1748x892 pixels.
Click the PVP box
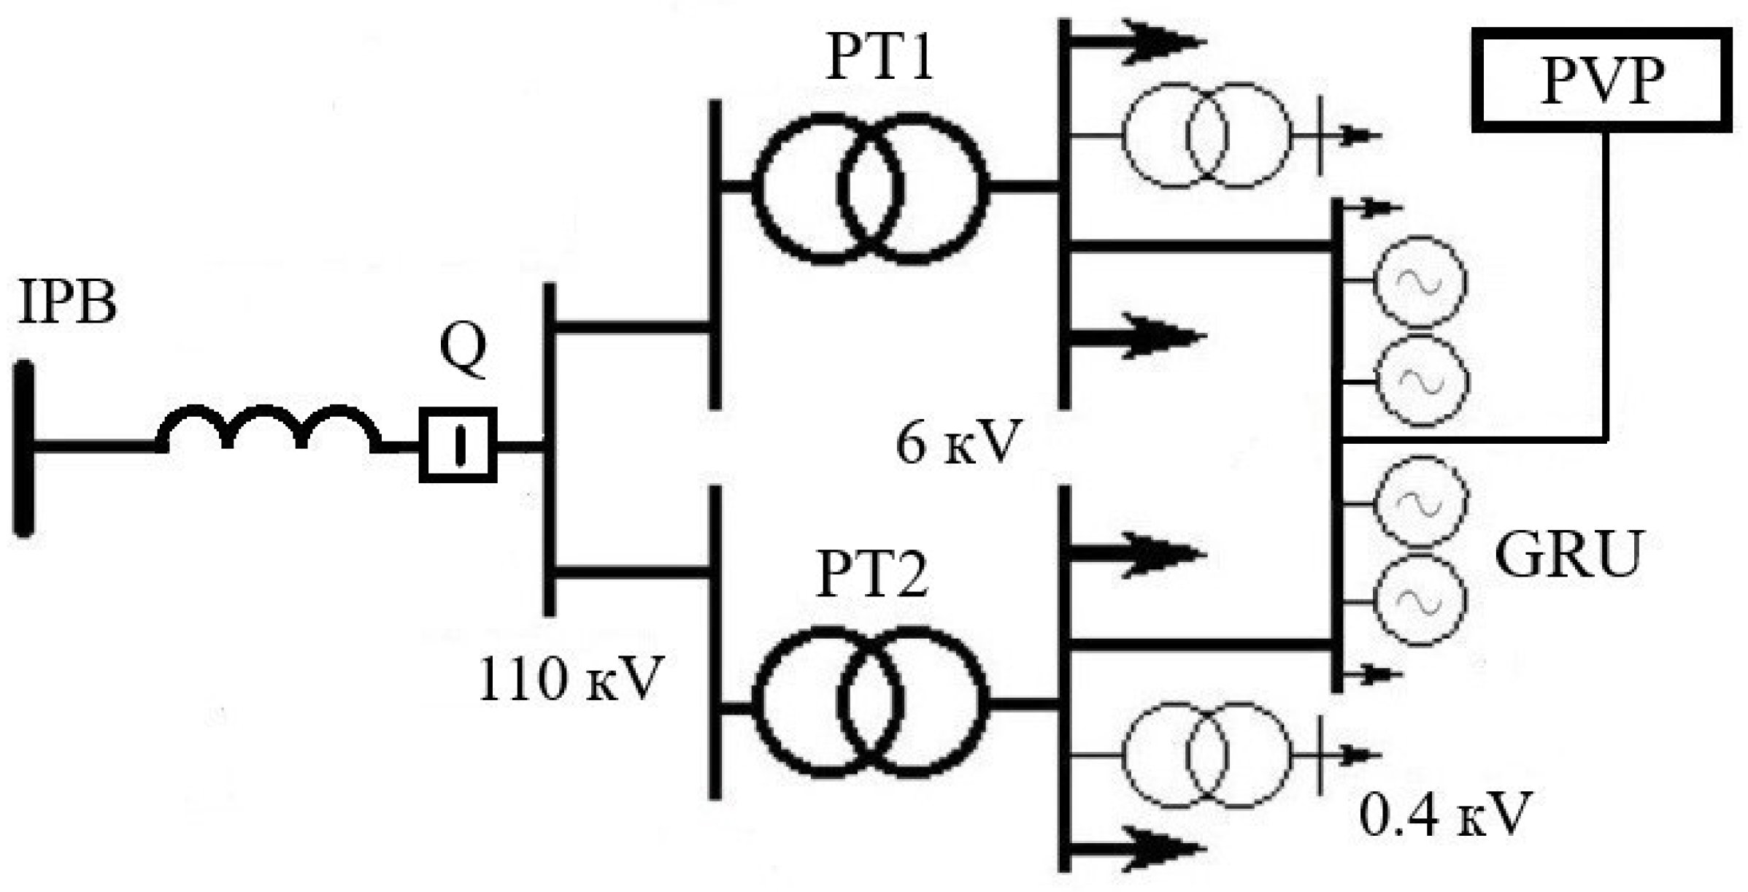point(1601,80)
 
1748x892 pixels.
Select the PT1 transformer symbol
point(870,188)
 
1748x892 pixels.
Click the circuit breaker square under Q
point(458,445)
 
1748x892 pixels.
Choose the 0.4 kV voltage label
point(1444,813)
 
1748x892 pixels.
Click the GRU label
point(1568,555)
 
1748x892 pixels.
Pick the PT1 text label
point(880,58)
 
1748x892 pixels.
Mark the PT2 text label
point(873,574)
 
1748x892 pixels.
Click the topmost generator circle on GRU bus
point(1420,282)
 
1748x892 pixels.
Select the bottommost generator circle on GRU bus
point(1420,600)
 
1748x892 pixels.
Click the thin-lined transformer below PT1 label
point(1206,136)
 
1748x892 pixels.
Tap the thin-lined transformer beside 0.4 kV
point(1206,755)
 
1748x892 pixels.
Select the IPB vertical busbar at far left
point(25,448)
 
